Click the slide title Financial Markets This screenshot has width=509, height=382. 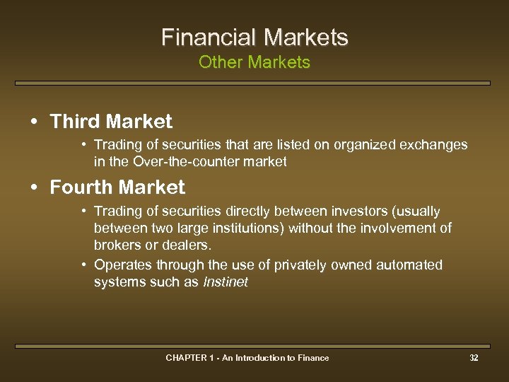pyautogui.click(x=255, y=37)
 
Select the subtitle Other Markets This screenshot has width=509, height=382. pyautogui.click(x=255, y=62)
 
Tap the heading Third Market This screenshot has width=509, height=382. pyautogui.click(x=111, y=122)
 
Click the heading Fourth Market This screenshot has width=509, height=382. pyautogui.click(x=117, y=187)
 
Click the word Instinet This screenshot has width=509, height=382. pyautogui.click(x=226, y=282)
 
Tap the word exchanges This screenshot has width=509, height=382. pyautogui.click(x=434, y=145)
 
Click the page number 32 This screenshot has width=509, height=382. pyautogui.click(x=474, y=358)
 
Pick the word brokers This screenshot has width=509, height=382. pyautogui.click(x=117, y=245)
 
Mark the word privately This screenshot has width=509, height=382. pyautogui.click(x=273, y=265)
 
